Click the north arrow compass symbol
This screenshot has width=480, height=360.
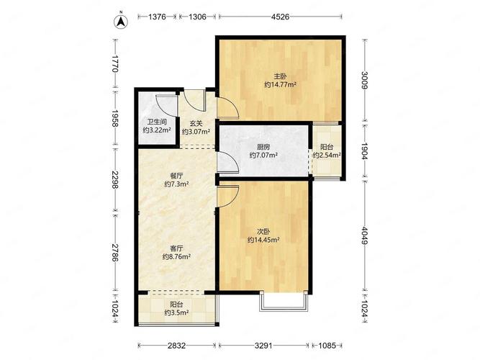121,21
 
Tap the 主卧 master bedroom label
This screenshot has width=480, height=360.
280,76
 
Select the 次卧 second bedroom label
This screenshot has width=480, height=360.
263,232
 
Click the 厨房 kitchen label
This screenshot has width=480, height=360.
263,147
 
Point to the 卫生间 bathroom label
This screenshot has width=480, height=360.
157,122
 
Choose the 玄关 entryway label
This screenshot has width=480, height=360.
196,123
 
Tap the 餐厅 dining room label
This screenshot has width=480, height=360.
176,176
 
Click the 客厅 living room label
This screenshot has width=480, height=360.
176,248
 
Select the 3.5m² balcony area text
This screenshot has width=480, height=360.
176,312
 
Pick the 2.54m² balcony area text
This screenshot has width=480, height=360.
327,155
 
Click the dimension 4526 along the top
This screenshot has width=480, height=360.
280,17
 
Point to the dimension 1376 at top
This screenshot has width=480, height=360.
157,17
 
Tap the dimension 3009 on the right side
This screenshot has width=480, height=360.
364,80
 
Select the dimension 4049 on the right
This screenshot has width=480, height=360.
364,235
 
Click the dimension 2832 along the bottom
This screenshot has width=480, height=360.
176,346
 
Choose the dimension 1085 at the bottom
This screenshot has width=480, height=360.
327,346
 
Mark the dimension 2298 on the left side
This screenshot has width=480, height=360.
115,179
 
